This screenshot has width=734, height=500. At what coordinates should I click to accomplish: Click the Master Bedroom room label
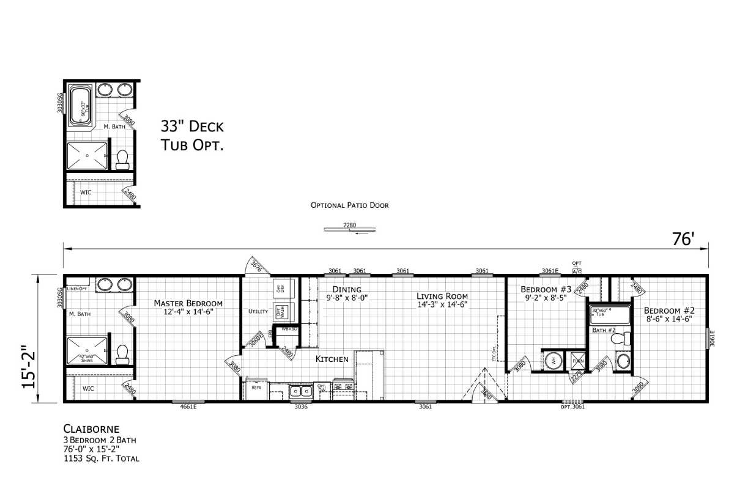click(x=188, y=303)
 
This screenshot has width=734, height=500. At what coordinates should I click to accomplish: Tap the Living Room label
click(x=442, y=296)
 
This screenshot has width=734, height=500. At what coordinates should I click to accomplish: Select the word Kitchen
click(x=332, y=359)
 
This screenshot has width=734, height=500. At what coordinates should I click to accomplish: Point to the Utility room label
click(x=258, y=312)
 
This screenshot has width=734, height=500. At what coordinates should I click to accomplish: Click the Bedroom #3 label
click(x=546, y=289)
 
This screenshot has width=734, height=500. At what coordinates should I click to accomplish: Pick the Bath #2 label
click(x=604, y=331)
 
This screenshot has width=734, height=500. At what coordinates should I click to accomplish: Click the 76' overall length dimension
click(x=681, y=240)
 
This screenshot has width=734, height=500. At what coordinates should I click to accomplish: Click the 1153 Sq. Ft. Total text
click(x=101, y=458)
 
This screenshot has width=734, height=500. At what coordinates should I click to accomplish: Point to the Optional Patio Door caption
click(x=349, y=205)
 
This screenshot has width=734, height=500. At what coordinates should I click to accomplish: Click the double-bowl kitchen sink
click(x=301, y=390)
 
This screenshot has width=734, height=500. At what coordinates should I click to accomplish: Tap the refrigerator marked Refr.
click(x=256, y=388)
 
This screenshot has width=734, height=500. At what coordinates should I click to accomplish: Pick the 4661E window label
click(x=188, y=407)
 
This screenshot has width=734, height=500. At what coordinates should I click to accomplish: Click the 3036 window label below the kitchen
click(x=300, y=407)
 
